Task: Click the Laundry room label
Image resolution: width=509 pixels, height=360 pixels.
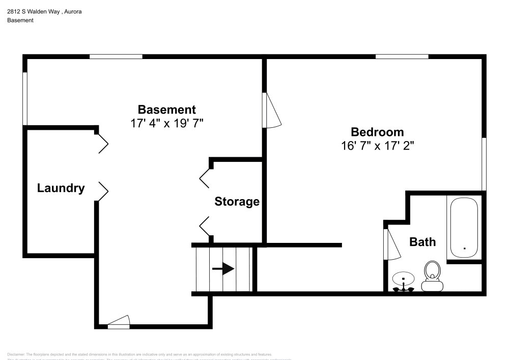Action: (61, 188)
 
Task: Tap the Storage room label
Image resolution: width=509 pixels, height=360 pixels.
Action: (237, 201)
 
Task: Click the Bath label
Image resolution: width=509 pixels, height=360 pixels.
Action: (422, 241)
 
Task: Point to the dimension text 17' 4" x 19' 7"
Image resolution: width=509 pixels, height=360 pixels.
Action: (167, 123)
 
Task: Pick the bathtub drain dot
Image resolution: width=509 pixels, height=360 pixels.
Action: (464, 248)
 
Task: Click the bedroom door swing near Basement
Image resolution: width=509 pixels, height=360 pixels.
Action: (271, 110)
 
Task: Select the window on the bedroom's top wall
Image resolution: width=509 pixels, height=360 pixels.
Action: (402, 56)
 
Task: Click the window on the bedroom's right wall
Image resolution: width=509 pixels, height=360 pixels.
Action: (484, 163)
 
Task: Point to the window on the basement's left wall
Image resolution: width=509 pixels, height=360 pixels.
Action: (25, 98)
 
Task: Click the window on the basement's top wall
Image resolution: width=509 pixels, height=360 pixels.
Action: (116, 56)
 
